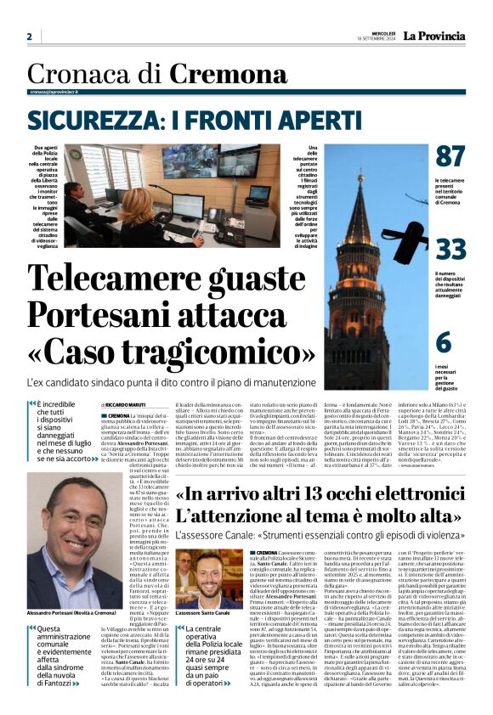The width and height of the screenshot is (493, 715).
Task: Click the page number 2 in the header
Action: pyautogui.click(x=29, y=37)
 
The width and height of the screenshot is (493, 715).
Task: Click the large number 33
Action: pyautogui.click(x=450, y=250)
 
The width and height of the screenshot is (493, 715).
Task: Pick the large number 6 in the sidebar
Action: pyautogui.click(x=444, y=341)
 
